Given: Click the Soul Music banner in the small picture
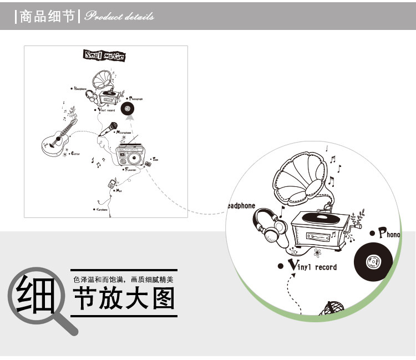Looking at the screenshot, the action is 104,55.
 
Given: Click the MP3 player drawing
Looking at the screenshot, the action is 111,184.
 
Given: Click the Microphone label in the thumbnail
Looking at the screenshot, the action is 124,133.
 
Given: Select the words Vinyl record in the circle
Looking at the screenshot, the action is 313,266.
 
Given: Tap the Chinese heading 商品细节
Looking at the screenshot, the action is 47,17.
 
